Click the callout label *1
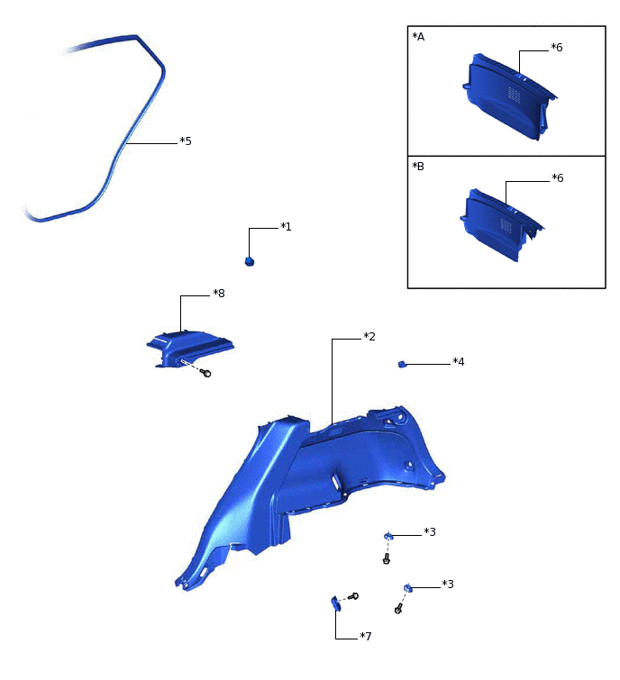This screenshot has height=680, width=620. pos(286,226)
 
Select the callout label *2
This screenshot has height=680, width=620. pos(369,337)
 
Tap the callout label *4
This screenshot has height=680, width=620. pos(459,362)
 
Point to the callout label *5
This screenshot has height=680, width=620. pos(186,141)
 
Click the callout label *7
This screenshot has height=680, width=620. pos(366,637)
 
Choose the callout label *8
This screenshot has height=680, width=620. pos(218,294)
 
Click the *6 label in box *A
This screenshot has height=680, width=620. pos(556,47)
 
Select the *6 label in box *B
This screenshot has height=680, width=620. pos(556,178)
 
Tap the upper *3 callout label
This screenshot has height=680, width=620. pos(430,532)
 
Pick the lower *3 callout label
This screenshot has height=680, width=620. pos(448,585)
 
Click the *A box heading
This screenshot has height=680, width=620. pos(417,37)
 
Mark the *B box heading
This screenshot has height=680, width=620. pos(417,168)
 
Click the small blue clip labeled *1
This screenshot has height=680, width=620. pos(250,261)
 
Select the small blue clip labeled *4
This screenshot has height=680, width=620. pos(402,364)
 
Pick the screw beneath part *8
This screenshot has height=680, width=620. pos(207,373)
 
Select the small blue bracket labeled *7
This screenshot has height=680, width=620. pos(335,603)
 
